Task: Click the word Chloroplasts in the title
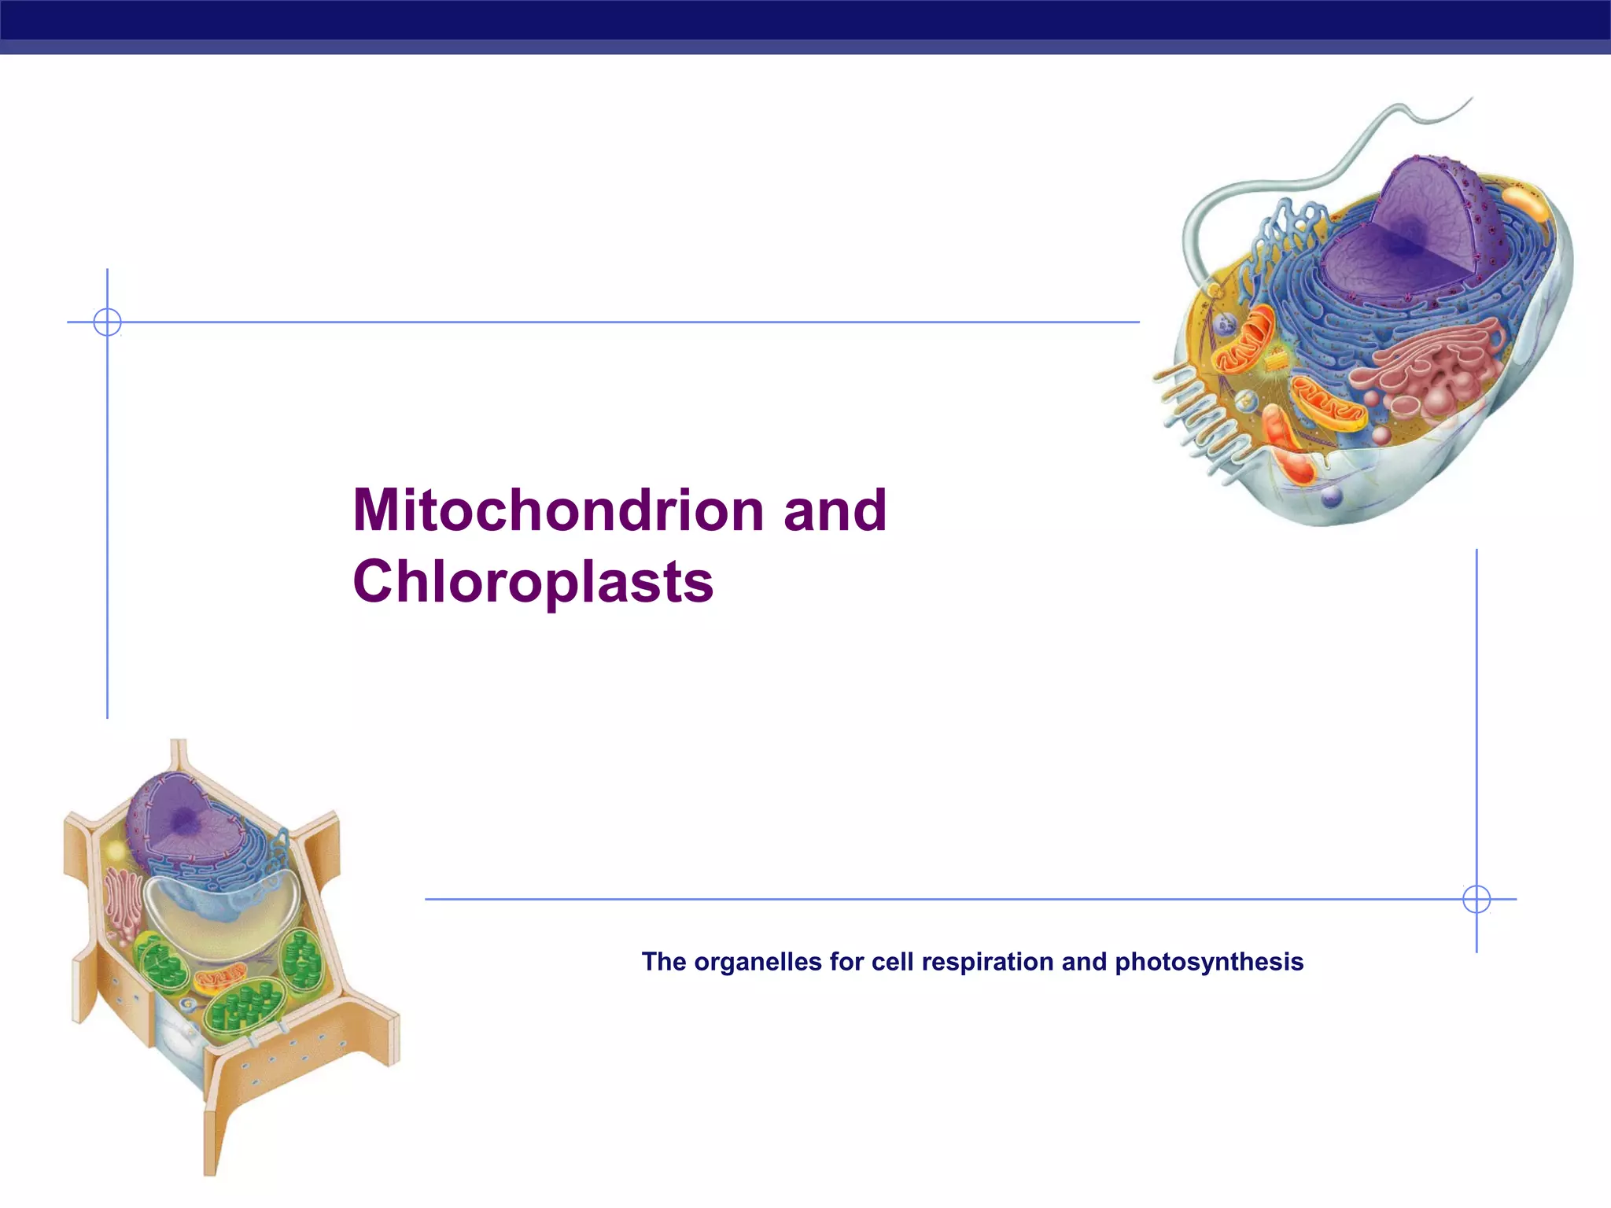[x=533, y=582]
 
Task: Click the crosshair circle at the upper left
[x=107, y=322]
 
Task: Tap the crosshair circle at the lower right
[x=1476, y=899]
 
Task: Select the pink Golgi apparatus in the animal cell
[x=1432, y=370]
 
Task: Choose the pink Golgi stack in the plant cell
[x=122, y=904]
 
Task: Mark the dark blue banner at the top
[x=805, y=20]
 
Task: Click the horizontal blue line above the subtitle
[x=944, y=899]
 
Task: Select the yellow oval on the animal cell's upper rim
[x=1526, y=203]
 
